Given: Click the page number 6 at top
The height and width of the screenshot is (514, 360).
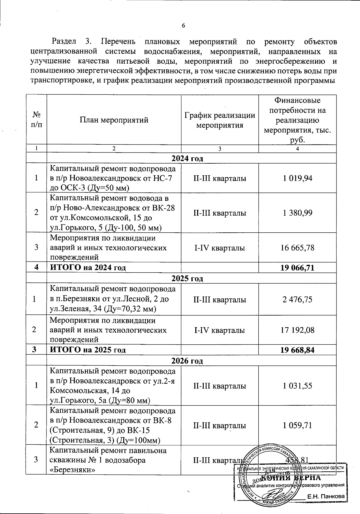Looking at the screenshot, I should click(x=183, y=26).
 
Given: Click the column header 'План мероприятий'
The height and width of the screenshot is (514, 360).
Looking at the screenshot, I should click(x=114, y=120).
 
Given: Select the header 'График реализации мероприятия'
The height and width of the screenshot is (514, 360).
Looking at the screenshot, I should click(x=220, y=120).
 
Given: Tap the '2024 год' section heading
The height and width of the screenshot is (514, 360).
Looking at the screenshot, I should click(x=187, y=158).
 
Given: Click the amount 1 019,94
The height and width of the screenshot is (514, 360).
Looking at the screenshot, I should click(x=297, y=178).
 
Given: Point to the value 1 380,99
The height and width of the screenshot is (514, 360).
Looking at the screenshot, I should click(x=297, y=213).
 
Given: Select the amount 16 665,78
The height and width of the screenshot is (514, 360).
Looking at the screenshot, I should click(x=297, y=248).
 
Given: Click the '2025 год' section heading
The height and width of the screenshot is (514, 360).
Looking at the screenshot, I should click(x=187, y=278).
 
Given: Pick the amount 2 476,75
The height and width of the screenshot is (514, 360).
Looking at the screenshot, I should click(x=297, y=300).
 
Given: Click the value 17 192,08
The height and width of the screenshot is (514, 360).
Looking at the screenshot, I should click(x=297, y=330).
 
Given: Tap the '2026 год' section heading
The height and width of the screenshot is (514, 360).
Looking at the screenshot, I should click(x=187, y=361).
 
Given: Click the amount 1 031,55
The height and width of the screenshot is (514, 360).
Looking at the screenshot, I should click(x=297, y=386).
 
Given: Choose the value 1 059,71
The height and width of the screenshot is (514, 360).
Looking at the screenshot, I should click(x=297, y=425).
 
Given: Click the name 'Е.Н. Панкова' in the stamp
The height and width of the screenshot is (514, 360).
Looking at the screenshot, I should click(x=325, y=497).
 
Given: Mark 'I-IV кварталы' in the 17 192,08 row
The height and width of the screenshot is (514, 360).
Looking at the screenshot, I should click(x=220, y=330).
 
